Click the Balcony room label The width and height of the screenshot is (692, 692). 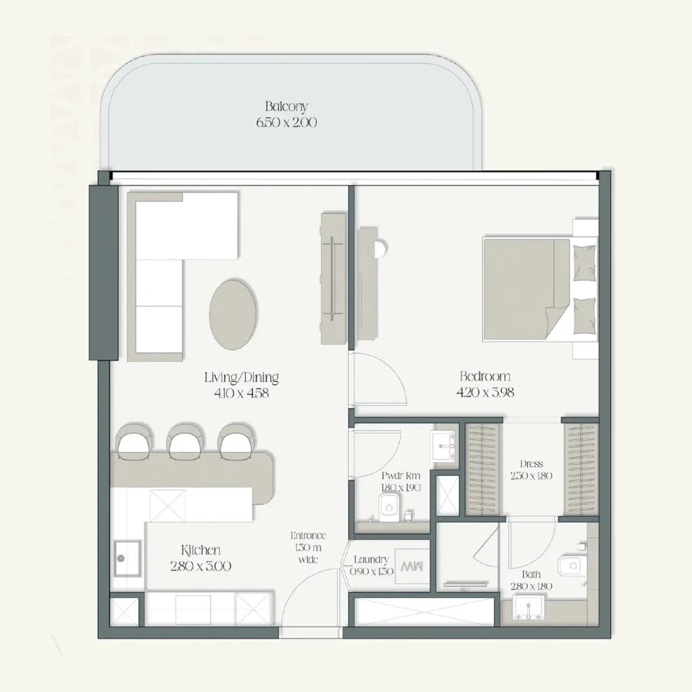(286, 106)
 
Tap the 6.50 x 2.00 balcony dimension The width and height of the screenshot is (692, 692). (286, 123)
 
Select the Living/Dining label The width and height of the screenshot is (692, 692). (241, 378)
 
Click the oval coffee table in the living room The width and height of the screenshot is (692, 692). (233, 313)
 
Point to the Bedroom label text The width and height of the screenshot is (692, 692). (485, 376)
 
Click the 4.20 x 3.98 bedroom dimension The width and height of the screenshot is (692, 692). (485, 393)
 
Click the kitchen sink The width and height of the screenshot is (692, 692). (127, 558)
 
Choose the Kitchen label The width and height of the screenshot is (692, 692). (200, 551)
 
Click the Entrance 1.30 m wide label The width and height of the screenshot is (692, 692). (309, 547)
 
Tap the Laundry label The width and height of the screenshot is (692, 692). (371, 560)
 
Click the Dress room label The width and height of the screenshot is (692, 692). (531, 464)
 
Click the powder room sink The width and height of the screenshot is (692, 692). (445, 445)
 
